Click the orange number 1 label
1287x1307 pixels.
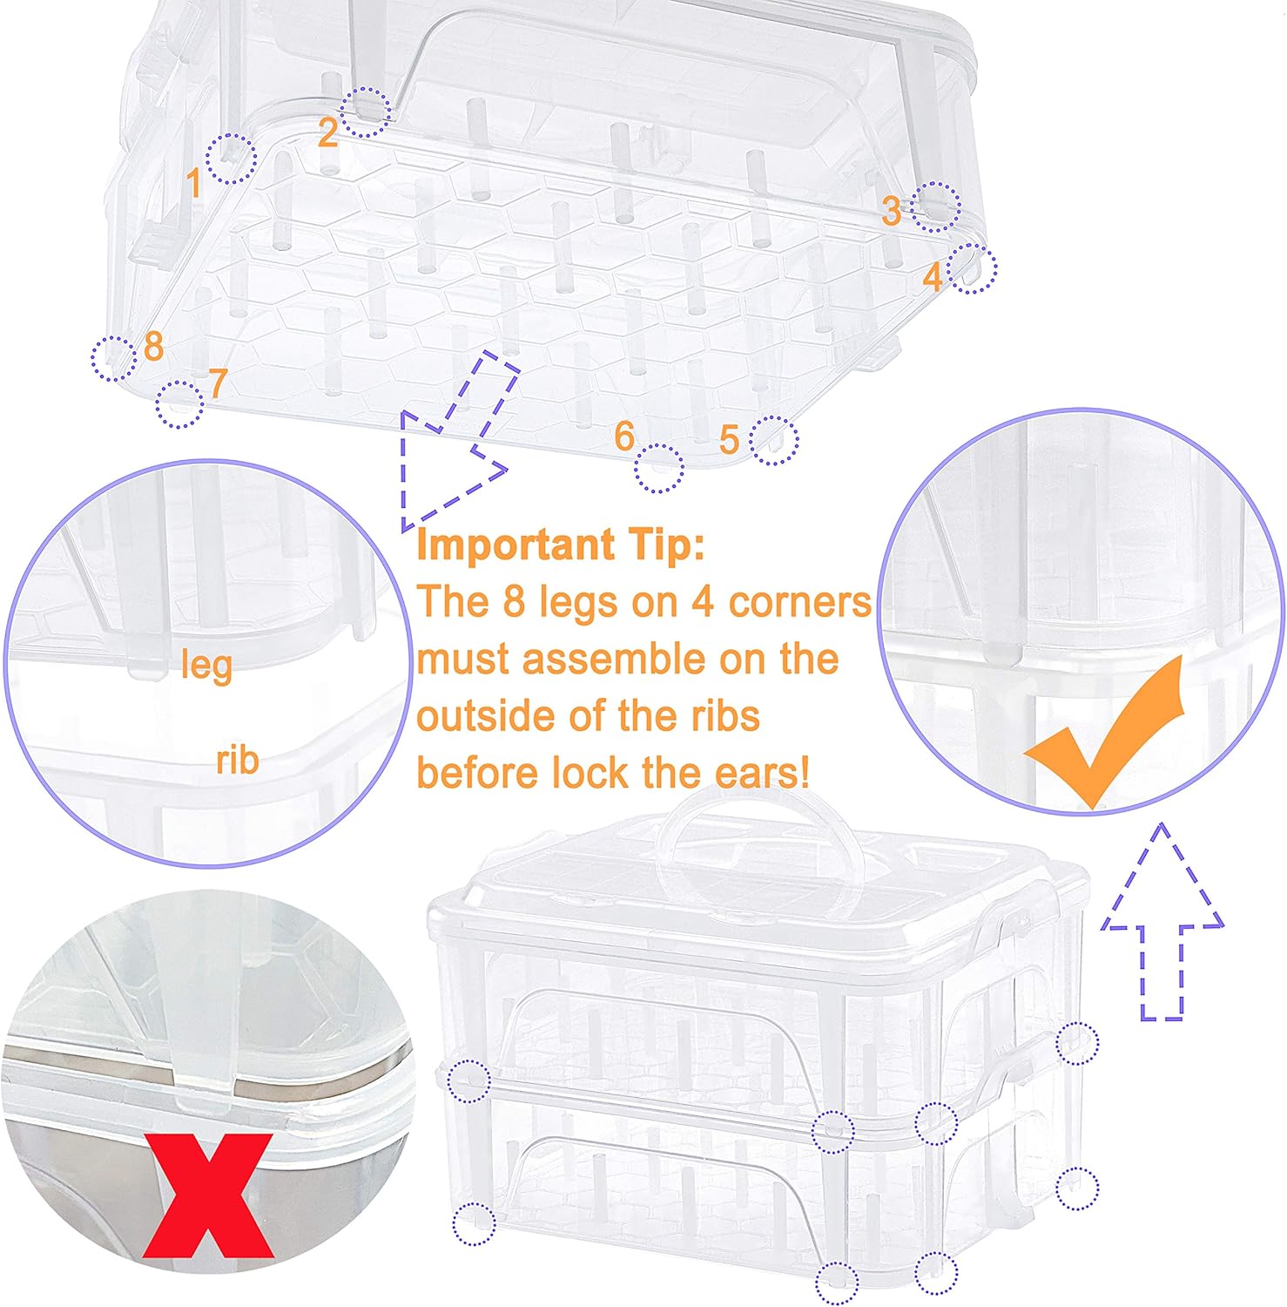(x=194, y=183)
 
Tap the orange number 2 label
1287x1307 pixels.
(x=327, y=132)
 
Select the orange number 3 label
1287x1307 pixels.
(x=891, y=211)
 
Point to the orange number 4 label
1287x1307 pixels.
(x=933, y=277)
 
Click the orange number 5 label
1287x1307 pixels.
(x=730, y=440)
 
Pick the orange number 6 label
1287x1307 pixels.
(x=623, y=436)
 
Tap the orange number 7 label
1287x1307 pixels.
(x=218, y=383)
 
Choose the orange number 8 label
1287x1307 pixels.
(x=153, y=346)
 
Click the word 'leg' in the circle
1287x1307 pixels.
(x=206, y=667)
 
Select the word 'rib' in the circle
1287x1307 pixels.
(x=237, y=760)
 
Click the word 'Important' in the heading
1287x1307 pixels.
(x=514, y=546)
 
